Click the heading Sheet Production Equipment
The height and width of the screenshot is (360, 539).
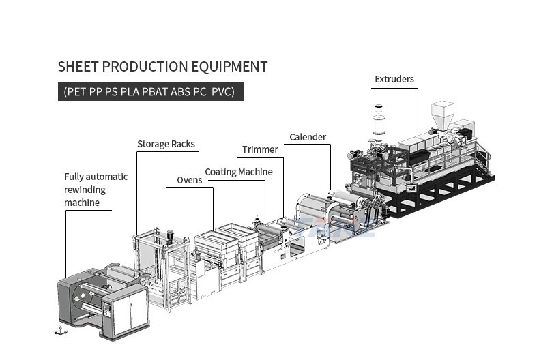click(x=162, y=67)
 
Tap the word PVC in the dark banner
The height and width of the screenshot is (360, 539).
click(x=222, y=91)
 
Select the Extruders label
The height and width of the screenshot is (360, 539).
click(x=394, y=79)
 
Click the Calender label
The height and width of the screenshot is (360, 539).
click(x=308, y=137)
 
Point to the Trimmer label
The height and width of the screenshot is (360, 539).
click(x=260, y=149)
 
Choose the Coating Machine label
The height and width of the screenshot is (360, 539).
click(x=239, y=172)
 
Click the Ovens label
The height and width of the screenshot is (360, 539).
click(x=190, y=180)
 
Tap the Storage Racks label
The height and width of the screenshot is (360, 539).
click(x=166, y=144)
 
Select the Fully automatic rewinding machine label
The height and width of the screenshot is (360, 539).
click(x=96, y=190)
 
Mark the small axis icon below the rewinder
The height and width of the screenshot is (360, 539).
click(x=60, y=331)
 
